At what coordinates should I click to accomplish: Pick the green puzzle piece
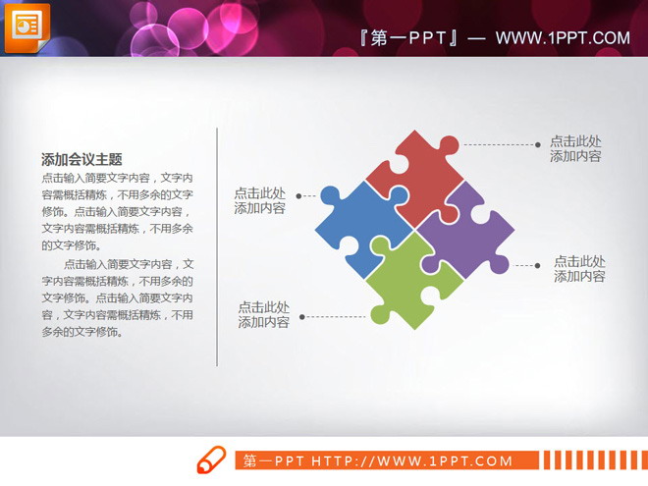click(x=412, y=282)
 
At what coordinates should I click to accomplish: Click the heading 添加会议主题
click(x=81, y=159)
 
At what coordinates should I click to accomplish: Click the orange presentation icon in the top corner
click(x=27, y=27)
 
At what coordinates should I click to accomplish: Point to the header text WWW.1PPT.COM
click(x=562, y=38)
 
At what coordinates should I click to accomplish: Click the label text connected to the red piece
click(x=575, y=148)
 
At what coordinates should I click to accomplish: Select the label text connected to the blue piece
click(x=260, y=200)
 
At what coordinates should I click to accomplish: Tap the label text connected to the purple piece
click(x=579, y=268)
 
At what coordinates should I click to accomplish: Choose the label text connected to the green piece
click(x=264, y=314)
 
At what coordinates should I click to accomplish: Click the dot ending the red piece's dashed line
click(x=538, y=143)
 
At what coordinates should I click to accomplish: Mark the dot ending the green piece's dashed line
click(x=302, y=317)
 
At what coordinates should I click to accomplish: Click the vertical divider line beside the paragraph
click(x=216, y=245)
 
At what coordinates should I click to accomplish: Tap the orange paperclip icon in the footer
click(x=212, y=460)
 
